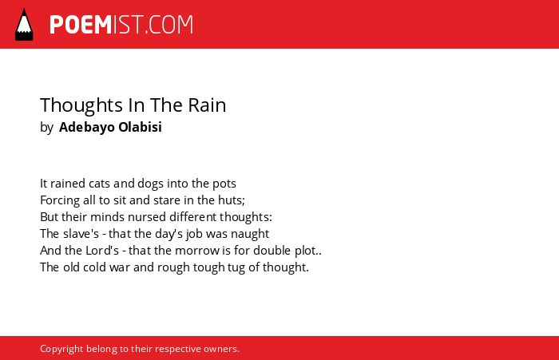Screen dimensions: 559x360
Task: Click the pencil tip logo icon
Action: [24, 25]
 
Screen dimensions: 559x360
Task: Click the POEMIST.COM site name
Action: [121, 25]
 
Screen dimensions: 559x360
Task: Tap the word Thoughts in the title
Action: [81, 105]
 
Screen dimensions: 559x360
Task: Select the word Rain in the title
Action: [207, 105]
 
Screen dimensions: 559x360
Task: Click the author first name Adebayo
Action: [86, 127]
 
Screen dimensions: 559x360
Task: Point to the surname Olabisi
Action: [140, 127]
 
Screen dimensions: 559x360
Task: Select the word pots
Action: [224, 184]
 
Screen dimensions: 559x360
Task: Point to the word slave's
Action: [81, 234]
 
